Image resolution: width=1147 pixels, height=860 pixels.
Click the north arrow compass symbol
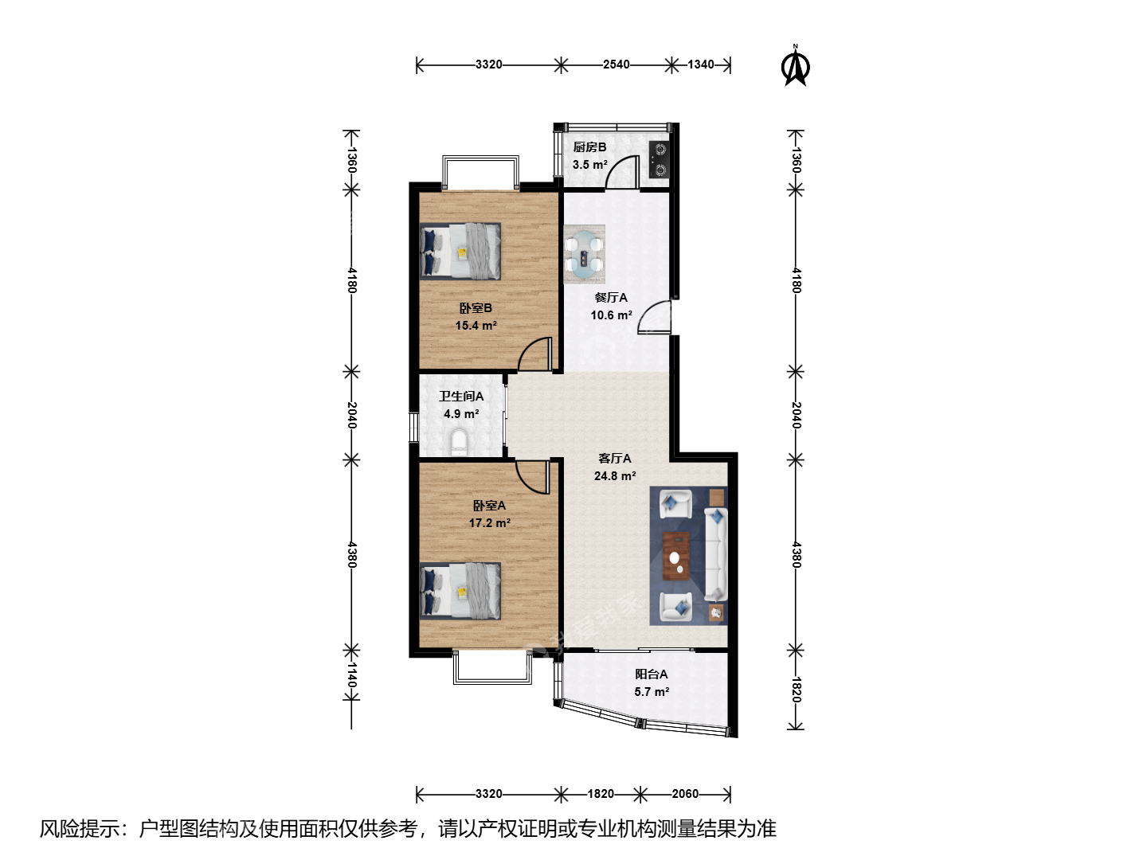795,67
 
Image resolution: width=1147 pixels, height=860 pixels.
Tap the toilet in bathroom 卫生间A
459,442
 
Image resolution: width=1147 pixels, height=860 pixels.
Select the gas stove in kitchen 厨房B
660,159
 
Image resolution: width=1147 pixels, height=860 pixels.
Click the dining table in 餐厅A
584,254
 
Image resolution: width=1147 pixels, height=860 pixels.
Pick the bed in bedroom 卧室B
460,252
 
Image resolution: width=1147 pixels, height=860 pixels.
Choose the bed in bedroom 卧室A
460,591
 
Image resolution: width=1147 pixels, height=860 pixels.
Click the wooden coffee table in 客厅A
676,556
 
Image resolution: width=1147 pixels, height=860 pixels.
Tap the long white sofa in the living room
715,554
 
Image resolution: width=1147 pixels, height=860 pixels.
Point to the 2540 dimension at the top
616,64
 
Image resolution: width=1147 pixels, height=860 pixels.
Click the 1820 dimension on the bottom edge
601,794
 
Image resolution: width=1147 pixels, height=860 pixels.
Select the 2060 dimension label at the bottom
685,794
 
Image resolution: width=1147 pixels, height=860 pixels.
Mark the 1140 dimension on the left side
352,675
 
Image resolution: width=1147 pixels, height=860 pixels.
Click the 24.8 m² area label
615,476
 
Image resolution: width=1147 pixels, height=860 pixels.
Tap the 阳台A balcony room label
651,674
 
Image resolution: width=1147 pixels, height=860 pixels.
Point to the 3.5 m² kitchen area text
590,165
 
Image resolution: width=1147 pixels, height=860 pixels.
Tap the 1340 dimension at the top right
701,64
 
